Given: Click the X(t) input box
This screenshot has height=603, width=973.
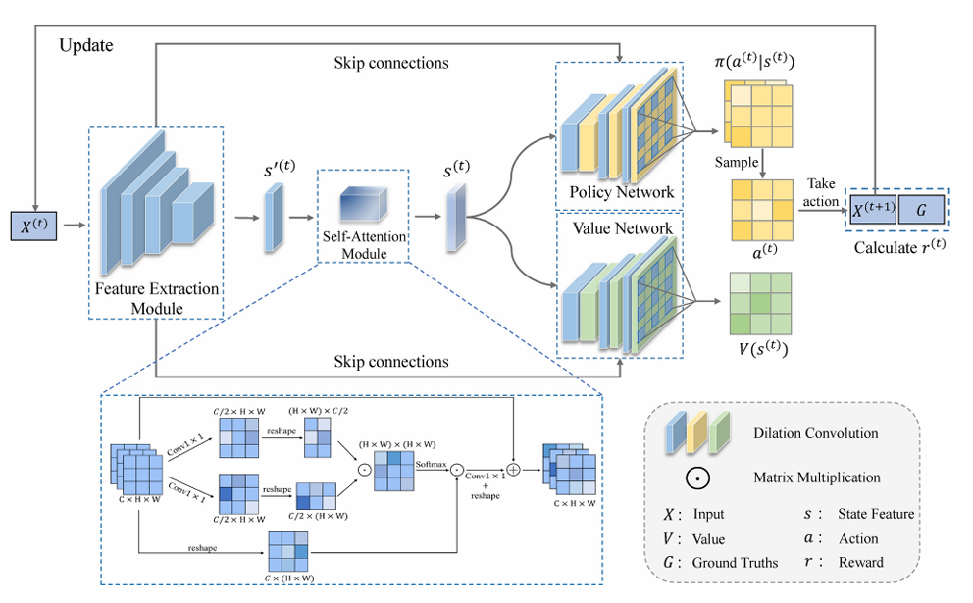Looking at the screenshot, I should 35,226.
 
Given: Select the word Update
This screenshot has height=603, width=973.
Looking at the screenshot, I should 86,46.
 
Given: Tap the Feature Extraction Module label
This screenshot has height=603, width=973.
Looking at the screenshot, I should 157,299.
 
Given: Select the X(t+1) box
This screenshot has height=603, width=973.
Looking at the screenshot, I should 877,211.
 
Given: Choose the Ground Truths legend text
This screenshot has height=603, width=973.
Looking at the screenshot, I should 734,563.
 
